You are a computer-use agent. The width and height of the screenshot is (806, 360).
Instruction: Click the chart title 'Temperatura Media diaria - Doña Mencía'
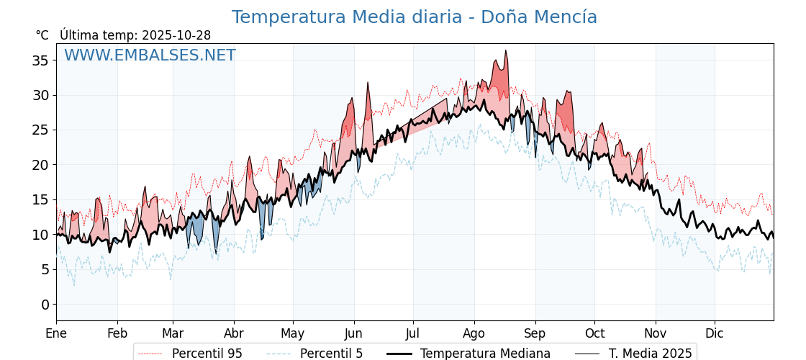point(414,17)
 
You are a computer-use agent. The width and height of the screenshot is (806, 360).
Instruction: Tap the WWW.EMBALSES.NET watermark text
point(150,55)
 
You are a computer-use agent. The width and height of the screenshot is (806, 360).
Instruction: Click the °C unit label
point(42,35)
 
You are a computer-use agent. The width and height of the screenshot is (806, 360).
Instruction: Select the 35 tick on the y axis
point(40,60)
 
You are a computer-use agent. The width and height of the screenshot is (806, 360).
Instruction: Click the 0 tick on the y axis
point(45,305)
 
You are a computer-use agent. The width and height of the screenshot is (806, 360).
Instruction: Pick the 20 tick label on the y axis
point(40,165)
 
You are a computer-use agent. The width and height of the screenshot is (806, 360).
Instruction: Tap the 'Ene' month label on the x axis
point(56,333)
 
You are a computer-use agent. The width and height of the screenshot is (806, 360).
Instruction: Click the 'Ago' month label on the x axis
point(474,333)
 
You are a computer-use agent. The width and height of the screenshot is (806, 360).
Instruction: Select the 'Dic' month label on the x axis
point(715,333)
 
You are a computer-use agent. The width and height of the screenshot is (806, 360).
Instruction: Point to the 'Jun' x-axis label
point(353,333)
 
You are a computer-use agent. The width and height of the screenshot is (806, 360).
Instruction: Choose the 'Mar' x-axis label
point(173,333)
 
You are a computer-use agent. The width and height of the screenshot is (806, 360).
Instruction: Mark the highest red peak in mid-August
point(506,51)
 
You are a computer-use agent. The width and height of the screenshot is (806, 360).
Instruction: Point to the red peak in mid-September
point(567,91)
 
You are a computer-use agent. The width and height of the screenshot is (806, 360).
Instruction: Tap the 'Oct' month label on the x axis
point(594,333)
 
